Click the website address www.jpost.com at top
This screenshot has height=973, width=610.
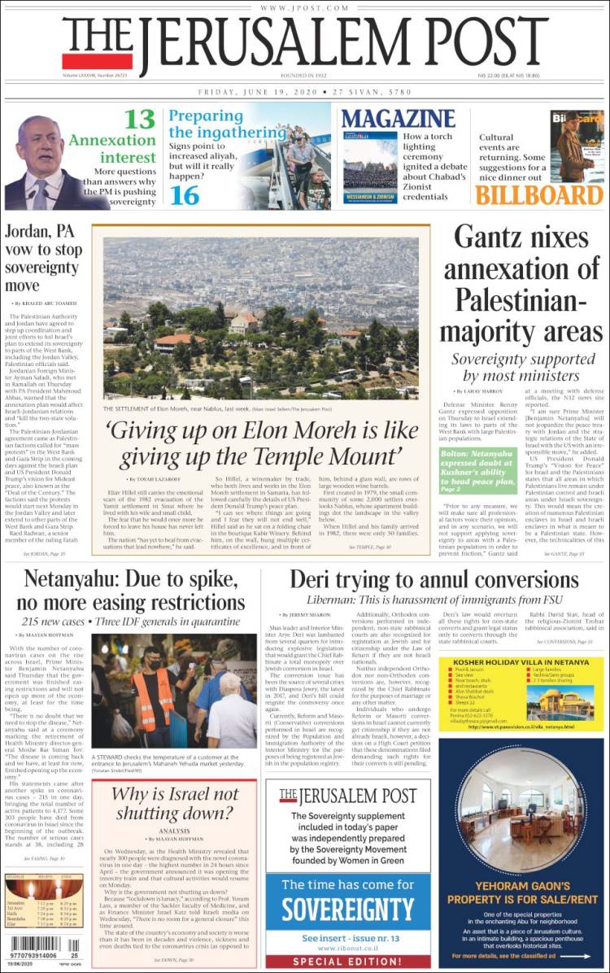pyautogui.click(x=305, y=8)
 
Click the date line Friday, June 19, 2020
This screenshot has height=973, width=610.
pyautogui.click(x=305, y=93)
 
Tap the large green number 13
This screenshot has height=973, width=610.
pyautogui.click(x=139, y=120)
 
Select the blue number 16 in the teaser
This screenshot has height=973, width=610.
pyautogui.click(x=185, y=195)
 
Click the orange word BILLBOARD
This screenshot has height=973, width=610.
pyautogui.click(x=539, y=195)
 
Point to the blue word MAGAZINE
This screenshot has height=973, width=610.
pyautogui.click(x=398, y=119)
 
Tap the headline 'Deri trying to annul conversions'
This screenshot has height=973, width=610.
pyautogui.click(x=435, y=581)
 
